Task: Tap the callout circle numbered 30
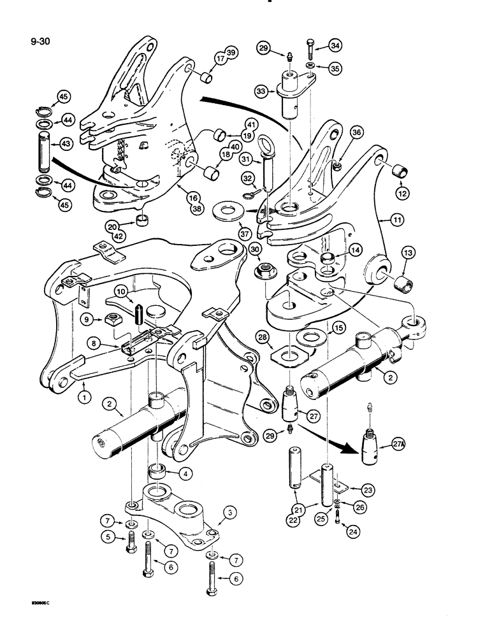pos(255,248)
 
